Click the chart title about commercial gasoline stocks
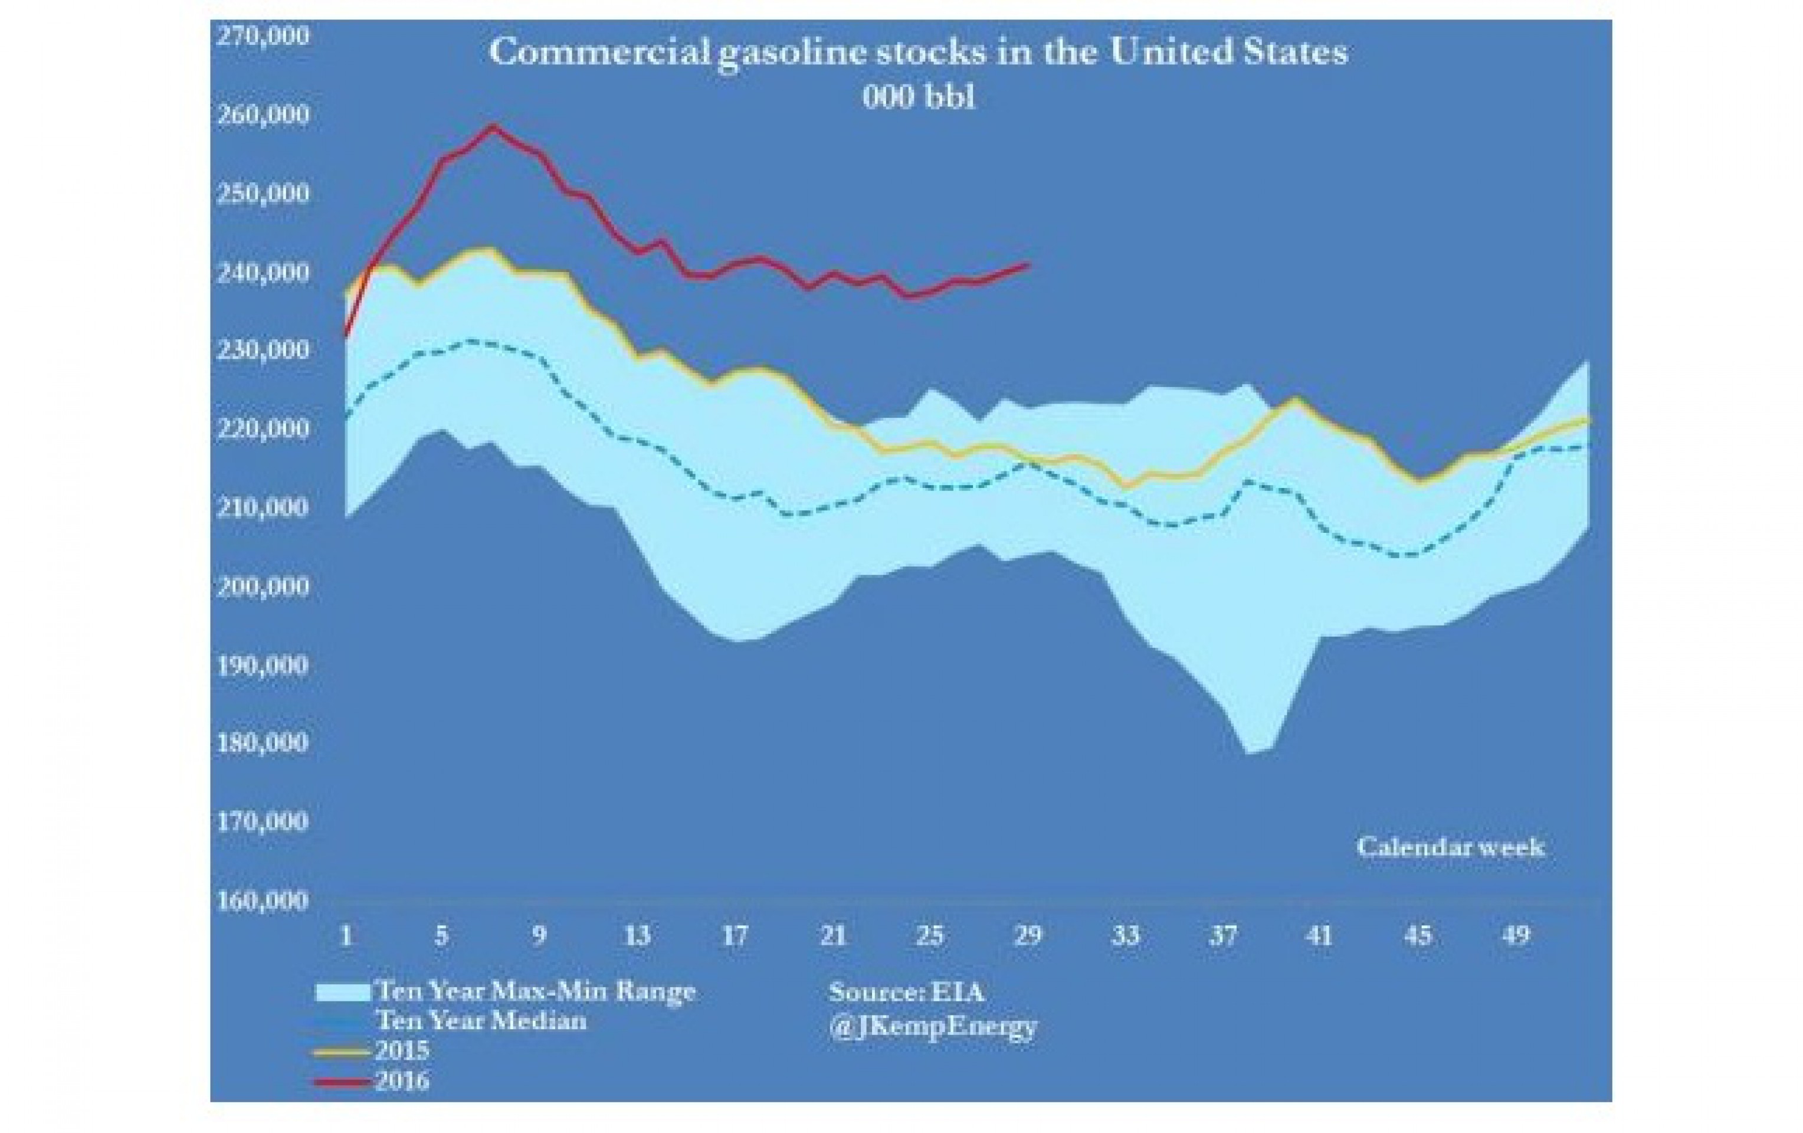point(918,53)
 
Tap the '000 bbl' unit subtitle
point(919,97)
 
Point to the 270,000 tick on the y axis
point(262,36)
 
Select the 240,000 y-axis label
point(262,273)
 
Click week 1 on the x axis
point(346,935)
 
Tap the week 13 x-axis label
point(637,935)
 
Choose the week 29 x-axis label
point(1027,935)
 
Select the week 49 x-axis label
point(1516,935)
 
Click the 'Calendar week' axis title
point(1450,847)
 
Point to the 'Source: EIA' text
point(906,992)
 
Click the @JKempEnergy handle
point(933,1026)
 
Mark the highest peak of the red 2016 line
point(493,126)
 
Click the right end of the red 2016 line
point(1030,264)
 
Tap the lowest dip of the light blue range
point(1249,752)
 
